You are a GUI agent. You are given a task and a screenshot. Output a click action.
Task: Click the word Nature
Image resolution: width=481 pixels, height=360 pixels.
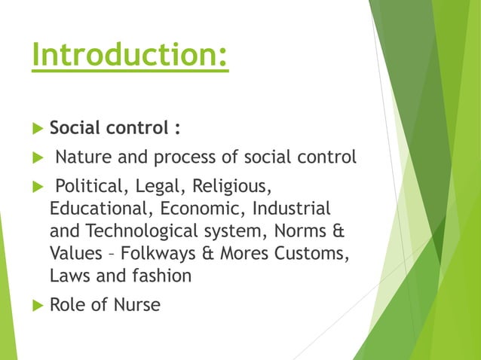(82, 157)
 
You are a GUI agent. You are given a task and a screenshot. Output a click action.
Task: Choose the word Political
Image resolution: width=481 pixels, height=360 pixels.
(91, 186)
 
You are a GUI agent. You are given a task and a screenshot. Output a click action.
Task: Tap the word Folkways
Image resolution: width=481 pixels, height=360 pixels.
(158, 252)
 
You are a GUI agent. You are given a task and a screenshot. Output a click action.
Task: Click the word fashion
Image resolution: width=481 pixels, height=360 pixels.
(161, 275)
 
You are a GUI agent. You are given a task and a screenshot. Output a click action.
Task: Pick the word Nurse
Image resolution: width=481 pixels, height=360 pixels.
(136, 306)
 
